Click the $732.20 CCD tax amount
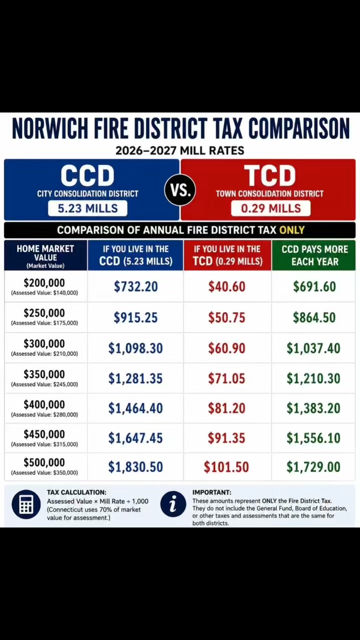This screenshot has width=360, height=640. pos(135,286)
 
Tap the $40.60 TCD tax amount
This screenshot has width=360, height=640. pos(227,286)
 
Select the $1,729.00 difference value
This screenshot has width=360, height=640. pos(313,467)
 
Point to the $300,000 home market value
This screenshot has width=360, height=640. pos(44,343)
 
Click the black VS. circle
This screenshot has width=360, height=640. pos(180,190)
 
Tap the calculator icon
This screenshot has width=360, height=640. pos(26,504)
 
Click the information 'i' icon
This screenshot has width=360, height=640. pos(173,504)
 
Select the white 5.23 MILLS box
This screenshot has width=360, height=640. pos(87,208)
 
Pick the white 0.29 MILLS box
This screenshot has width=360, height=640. pos(271,208)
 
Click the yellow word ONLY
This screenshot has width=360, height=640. pos(292,230)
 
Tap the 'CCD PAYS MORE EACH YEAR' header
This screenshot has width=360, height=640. pos(314,255)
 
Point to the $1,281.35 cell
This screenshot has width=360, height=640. pos(135,378)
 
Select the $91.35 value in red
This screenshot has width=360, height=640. pos(226,437)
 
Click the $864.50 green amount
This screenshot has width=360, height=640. pos(314,317)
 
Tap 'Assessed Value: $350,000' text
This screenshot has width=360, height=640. pos(44,473)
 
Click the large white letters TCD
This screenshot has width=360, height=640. pos(270,175)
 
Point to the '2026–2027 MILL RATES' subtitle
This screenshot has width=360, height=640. pos(180,150)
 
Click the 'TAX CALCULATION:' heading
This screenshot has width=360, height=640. pos(76,492)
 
